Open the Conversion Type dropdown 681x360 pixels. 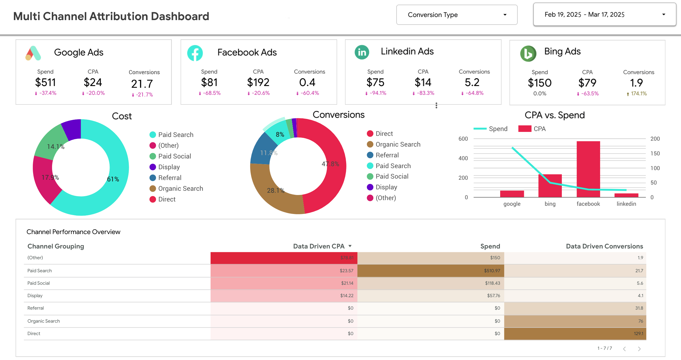point(457,15)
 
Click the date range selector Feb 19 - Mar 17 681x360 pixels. point(604,15)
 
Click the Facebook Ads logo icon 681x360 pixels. point(195,53)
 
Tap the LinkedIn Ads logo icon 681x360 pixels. point(362,52)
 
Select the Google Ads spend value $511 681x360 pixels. point(45,82)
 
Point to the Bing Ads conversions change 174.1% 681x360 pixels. point(638,94)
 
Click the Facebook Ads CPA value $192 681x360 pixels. point(258,82)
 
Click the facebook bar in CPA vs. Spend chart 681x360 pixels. point(588,169)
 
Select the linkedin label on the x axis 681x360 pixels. point(626,204)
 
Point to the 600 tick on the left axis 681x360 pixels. point(463,139)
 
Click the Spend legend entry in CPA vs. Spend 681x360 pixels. point(491,129)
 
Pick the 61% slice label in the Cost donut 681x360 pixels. point(113,179)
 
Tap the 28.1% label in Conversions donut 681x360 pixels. point(275,190)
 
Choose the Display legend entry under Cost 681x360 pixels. point(169,167)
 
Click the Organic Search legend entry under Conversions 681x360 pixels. point(397,144)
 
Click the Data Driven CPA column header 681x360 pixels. point(319,246)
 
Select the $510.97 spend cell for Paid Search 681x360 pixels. point(492,271)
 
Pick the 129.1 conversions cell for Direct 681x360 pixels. point(638,333)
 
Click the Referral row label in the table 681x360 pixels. point(36,308)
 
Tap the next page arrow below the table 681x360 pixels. point(639,349)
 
